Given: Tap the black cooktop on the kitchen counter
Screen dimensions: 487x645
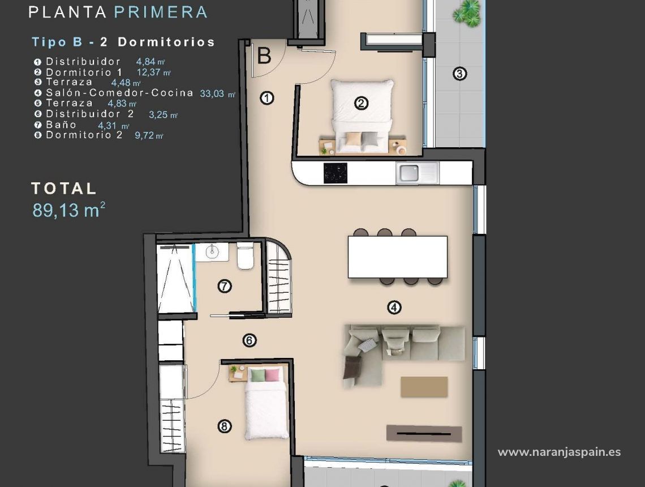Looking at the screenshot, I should point(335,173).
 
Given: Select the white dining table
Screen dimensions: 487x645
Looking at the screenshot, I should point(397,257).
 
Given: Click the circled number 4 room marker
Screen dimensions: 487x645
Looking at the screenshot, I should point(394,307).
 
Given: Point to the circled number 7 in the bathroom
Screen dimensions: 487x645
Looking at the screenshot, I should point(225,286).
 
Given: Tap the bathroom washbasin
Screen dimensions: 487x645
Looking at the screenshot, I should point(213,251).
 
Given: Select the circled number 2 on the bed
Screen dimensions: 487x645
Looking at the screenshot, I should point(361,103).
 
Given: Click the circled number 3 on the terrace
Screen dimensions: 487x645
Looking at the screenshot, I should point(459,74).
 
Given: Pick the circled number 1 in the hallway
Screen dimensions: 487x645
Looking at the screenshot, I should point(267,98).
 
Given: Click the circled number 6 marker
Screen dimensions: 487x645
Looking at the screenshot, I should point(250,340).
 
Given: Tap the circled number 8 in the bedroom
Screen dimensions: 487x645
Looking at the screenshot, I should point(225,426).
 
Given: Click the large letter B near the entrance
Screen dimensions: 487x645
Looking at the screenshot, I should point(264,57).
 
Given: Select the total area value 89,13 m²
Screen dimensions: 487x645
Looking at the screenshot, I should point(68,210).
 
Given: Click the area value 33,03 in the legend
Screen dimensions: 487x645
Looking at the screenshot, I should point(212,94).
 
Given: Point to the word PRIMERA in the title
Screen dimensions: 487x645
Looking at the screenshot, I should point(161,12).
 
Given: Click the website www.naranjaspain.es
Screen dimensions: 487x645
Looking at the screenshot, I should point(558,452).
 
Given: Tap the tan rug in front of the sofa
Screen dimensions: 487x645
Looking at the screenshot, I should point(424,387).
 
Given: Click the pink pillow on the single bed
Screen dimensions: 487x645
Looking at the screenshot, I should point(273,375).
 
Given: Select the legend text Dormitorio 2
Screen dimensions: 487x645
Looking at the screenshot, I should point(84,135).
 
